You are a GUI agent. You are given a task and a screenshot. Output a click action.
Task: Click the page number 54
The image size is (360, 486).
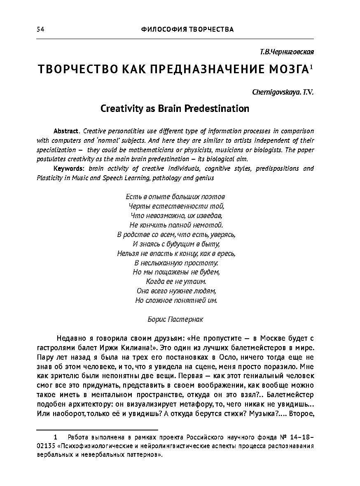40,29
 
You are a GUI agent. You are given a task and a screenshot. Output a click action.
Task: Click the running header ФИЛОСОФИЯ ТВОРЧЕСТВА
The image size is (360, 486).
187,29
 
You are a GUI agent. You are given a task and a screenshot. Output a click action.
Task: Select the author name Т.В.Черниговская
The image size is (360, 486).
287,52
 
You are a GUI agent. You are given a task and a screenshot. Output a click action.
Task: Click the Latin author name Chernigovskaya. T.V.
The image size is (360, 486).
283,92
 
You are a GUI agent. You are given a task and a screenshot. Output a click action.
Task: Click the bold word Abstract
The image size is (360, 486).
66,131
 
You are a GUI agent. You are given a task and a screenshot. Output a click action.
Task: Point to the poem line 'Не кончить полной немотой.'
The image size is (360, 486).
176,225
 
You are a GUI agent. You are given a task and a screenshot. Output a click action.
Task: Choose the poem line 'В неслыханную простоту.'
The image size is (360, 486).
176,263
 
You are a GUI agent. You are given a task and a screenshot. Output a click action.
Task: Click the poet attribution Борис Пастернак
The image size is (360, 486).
175,319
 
